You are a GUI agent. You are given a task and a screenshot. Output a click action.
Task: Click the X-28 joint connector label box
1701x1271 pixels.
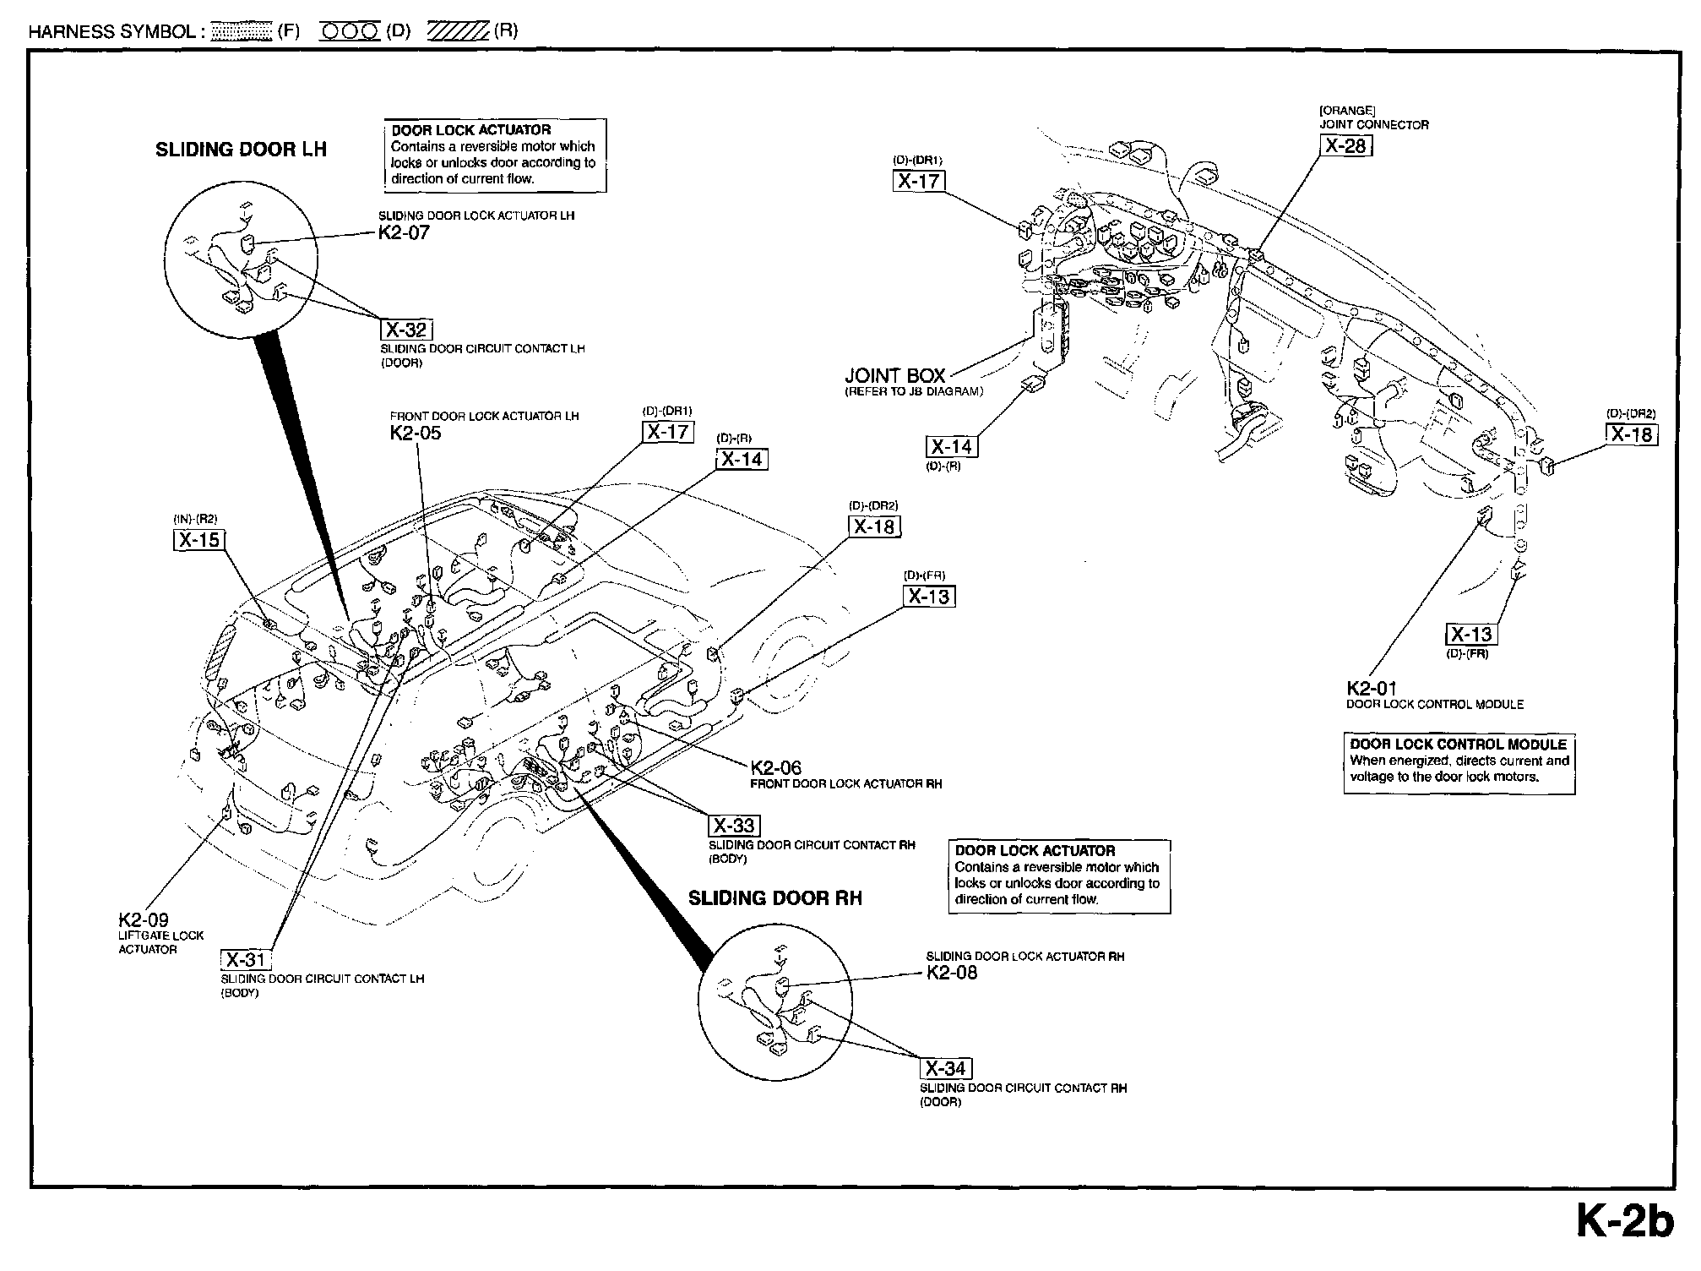click(x=1345, y=146)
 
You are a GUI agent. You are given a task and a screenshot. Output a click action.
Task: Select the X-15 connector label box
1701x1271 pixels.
click(x=198, y=539)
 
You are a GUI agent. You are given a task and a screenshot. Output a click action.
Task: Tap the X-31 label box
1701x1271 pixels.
click(x=246, y=959)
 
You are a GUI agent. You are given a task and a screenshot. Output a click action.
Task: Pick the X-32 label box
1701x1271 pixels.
click(x=406, y=330)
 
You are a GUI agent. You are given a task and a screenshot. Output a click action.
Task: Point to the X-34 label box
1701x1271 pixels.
click(x=946, y=1068)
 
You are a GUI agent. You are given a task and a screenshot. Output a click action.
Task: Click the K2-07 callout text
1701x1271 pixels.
click(x=404, y=233)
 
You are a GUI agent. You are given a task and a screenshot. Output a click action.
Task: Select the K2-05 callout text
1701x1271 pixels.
click(x=416, y=434)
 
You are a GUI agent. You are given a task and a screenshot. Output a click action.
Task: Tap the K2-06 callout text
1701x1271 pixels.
click(x=775, y=767)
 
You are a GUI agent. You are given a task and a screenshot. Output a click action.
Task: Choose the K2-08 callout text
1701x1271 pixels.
click(x=952, y=973)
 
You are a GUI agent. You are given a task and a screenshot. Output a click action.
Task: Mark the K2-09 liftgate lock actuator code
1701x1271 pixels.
click(x=144, y=920)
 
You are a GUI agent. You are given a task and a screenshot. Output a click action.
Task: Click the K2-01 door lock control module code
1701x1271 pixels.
click(x=1372, y=689)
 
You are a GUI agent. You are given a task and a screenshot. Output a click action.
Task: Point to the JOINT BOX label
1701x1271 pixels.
click(x=895, y=376)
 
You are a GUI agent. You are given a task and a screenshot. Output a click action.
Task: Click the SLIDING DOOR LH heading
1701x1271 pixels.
click(x=241, y=150)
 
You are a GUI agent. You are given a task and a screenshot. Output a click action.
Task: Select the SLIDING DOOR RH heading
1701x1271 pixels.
click(x=775, y=898)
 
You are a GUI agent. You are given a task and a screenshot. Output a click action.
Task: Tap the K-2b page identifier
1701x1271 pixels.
click(x=1624, y=1222)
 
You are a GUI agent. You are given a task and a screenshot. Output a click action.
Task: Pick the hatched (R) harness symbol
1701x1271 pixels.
click(x=459, y=31)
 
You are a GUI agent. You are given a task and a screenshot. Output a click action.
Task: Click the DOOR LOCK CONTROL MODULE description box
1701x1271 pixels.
click(x=1459, y=763)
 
